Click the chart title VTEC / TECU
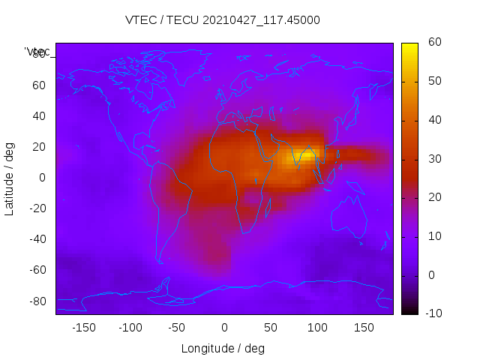(223, 20)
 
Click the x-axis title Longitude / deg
(223, 348)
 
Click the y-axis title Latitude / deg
(10, 178)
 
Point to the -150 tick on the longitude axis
(84, 327)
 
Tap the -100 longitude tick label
(130, 327)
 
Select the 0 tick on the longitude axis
(224, 327)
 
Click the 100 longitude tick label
(317, 327)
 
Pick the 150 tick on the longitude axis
(364, 327)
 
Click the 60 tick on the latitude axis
(39, 85)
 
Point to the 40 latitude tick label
(39, 115)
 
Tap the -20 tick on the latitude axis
(36, 208)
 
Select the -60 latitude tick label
(36, 270)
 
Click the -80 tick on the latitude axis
(36, 301)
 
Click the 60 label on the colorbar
(434, 43)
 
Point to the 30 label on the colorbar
(434, 159)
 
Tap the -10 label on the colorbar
(434, 313)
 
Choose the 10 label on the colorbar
(434, 236)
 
